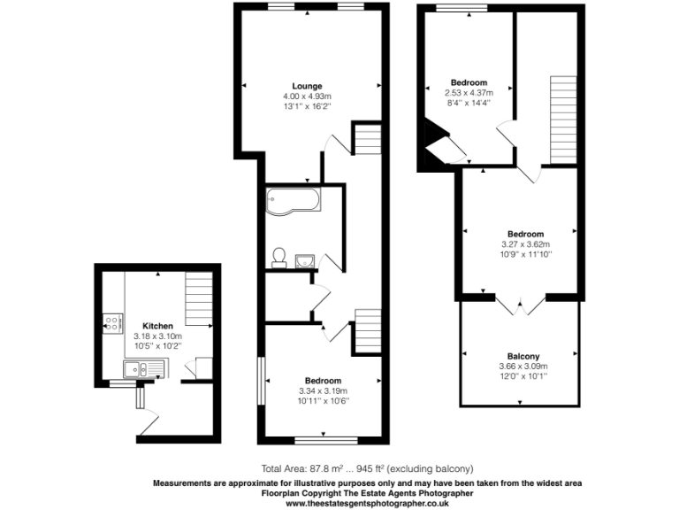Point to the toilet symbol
pyautogui.click(x=278, y=257)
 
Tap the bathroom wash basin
pyautogui.click(x=306, y=259)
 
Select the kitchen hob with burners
pyautogui.click(x=112, y=323)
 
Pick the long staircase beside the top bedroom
pyautogui.click(x=563, y=120)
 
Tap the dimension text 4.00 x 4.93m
pyautogui.click(x=307, y=96)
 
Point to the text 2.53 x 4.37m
pyautogui.click(x=468, y=92)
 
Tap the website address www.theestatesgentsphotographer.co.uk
pyautogui.click(x=367, y=503)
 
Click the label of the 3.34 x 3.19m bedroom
pyautogui.click(x=323, y=381)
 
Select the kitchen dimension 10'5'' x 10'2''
pyautogui.click(x=156, y=346)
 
